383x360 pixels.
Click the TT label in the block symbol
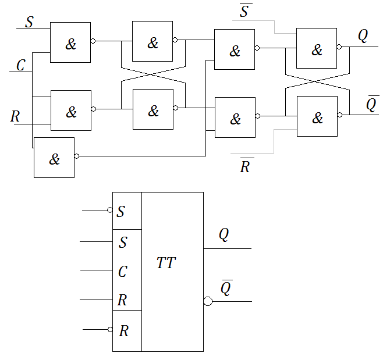pos(166,263)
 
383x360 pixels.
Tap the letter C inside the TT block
pos(122,272)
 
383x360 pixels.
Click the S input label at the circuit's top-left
pos(29,22)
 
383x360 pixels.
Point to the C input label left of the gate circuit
pos(20,65)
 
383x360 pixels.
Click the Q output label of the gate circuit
pos(363,36)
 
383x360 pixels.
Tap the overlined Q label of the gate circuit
pos(373,104)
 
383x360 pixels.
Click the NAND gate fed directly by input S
pos(70,42)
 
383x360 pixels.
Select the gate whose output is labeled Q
pos(317,48)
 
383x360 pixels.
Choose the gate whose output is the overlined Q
pos(317,116)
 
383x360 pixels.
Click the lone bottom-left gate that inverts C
pos(54,158)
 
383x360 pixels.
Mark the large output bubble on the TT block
pos(208,301)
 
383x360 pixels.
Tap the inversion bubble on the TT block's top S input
pos(110,211)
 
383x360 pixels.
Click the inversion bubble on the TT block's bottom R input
pos(110,330)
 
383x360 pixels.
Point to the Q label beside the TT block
pos(224,234)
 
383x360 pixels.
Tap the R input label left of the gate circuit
pos(16,116)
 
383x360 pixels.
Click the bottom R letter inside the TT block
pos(123,332)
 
